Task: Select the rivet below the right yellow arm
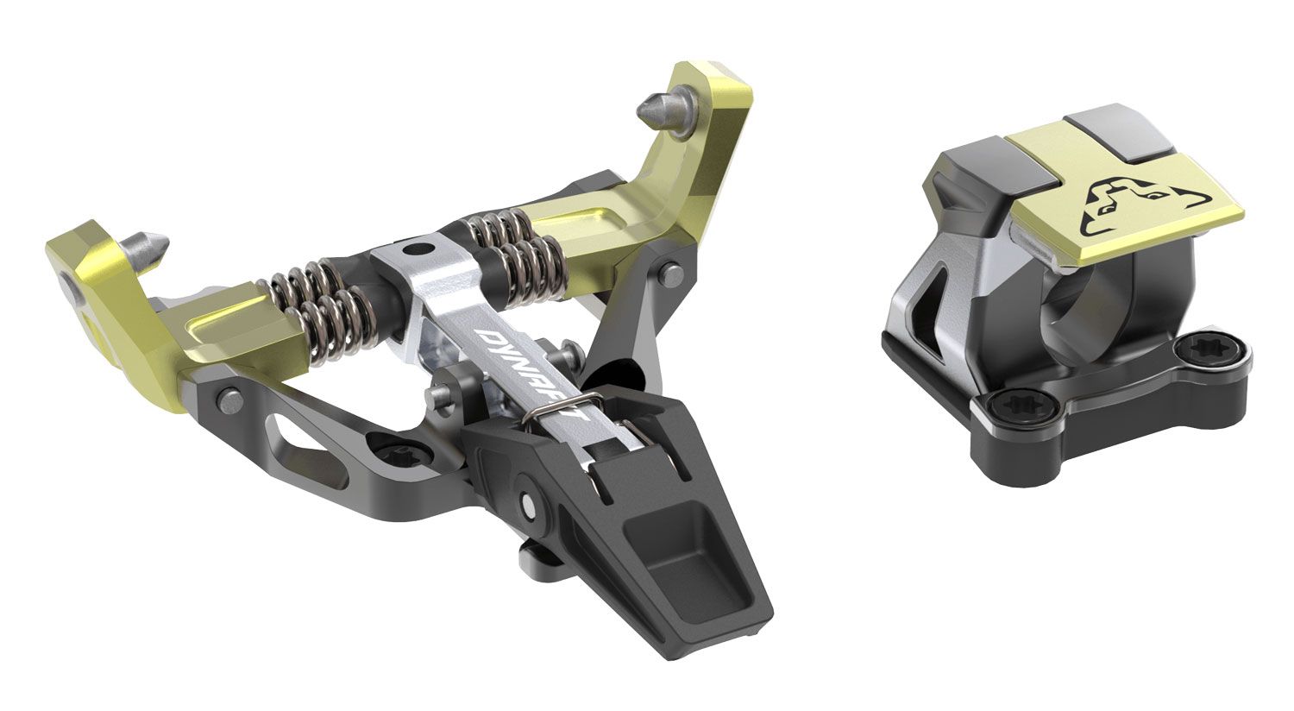(x=671, y=272)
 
